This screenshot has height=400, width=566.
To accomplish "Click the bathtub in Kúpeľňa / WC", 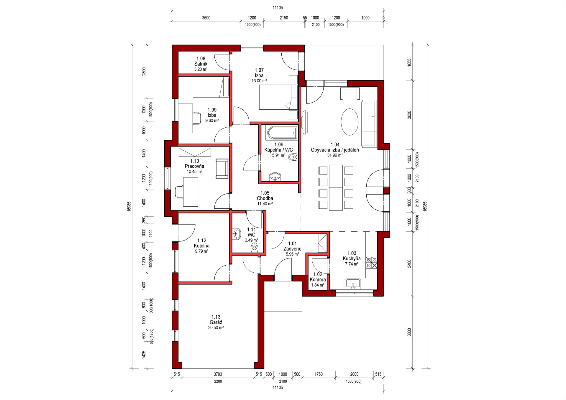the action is [282, 133].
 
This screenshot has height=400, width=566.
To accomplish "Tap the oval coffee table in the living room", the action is [350, 122].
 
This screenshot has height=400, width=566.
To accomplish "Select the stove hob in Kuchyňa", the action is [371, 262].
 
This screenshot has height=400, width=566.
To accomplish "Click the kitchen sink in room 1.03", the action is [353, 284].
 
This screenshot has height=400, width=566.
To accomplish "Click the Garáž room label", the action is [216, 322].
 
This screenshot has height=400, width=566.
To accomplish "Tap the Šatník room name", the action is [201, 64].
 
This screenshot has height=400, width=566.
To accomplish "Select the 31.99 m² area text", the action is [335, 155].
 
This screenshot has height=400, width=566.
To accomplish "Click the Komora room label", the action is [318, 279].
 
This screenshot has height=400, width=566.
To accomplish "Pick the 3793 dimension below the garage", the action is [218, 374].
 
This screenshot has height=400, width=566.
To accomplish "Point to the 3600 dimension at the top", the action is [206, 18].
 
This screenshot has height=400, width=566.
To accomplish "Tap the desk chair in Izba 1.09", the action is [197, 118].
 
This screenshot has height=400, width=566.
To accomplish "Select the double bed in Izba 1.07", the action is [278, 97].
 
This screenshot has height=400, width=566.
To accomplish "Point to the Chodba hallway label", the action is [265, 198].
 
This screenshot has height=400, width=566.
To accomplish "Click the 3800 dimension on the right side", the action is [409, 332].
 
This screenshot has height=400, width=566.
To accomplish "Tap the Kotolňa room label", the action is [202, 246].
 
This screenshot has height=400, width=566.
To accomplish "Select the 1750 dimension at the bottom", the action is [319, 374].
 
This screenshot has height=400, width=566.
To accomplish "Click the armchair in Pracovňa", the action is [222, 168].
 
